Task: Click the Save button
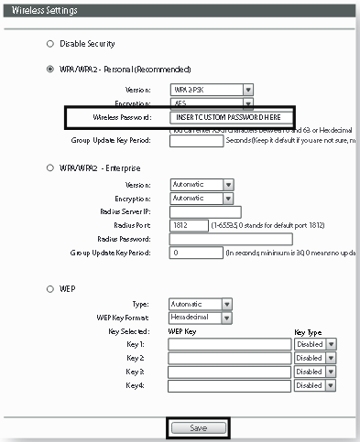[198, 426]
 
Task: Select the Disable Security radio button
[49, 43]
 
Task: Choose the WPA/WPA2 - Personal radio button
[49, 69]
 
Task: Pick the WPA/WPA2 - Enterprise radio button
[49, 166]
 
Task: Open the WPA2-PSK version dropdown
[212, 90]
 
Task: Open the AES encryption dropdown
[212, 103]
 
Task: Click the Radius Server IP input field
[212, 211]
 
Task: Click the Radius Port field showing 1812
[189, 225]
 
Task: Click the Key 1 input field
[228, 344]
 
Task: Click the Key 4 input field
[228, 386]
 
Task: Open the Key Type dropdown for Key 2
[316, 358]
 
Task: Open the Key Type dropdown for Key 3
[316, 372]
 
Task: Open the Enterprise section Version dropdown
[202, 184]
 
